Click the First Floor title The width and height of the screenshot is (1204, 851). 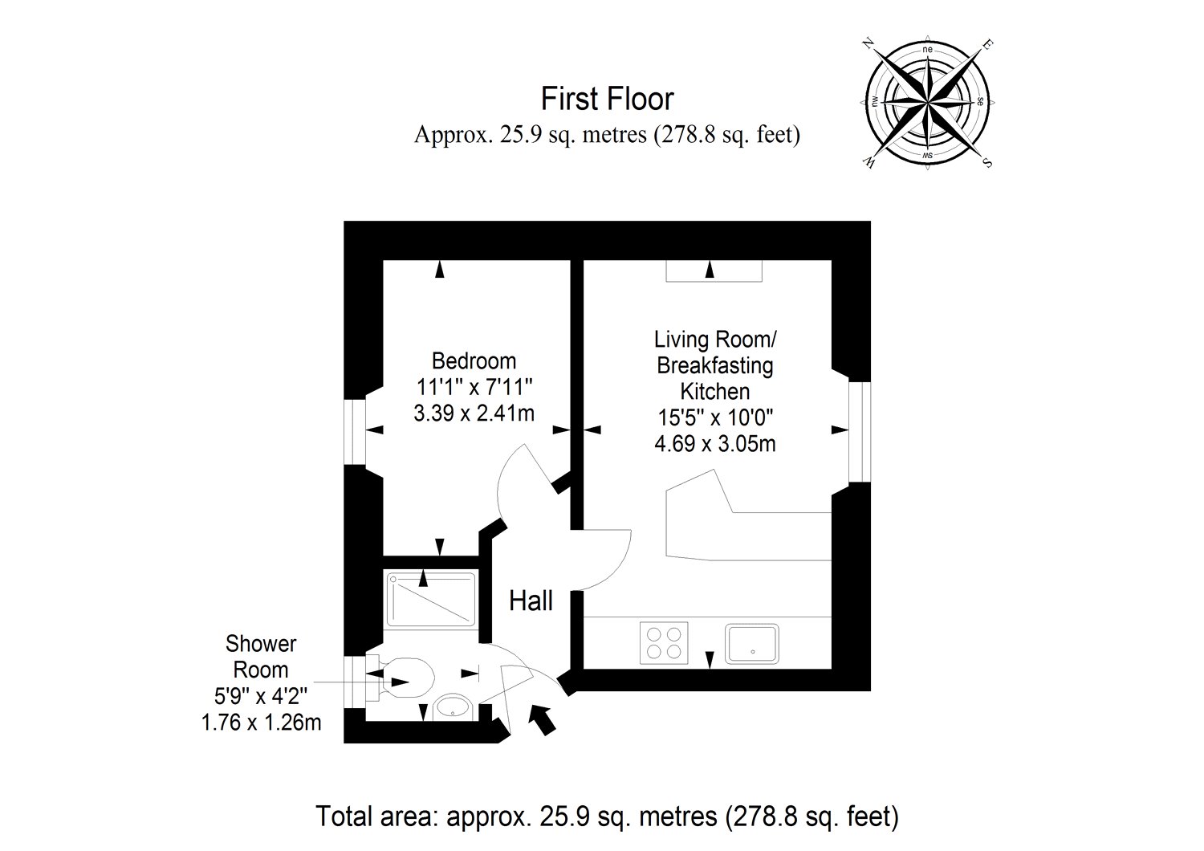click(607, 99)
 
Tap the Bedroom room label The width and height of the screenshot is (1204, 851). click(474, 360)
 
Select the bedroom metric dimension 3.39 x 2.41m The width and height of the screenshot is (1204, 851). click(474, 413)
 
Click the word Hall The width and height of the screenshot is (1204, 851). click(531, 601)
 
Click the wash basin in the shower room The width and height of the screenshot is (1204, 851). click(454, 708)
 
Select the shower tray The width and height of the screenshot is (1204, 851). click(431, 600)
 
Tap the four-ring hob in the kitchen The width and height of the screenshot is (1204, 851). click(664, 643)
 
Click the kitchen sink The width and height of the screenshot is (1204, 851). click(752, 644)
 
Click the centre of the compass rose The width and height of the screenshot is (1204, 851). click(928, 102)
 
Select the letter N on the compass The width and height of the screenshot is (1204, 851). click(867, 43)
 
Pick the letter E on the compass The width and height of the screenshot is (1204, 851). click(988, 43)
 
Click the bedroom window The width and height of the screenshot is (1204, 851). click(355, 431)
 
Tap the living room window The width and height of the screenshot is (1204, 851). click(860, 432)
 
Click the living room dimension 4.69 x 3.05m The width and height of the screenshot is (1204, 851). click(715, 443)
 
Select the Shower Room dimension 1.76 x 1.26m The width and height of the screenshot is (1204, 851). click(261, 723)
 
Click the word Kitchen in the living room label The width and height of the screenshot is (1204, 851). click(715, 391)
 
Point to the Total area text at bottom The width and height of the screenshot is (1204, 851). click(607, 816)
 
